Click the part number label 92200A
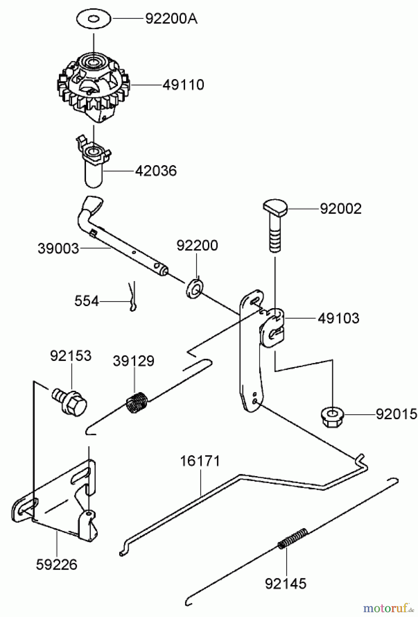click(171, 19)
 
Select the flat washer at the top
click(94, 19)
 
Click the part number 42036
click(156, 171)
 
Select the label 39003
click(58, 249)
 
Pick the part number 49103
click(339, 318)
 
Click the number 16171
click(200, 461)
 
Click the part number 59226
click(57, 565)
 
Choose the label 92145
click(286, 583)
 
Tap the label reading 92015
click(396, 414)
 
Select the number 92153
click(71, 356)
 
